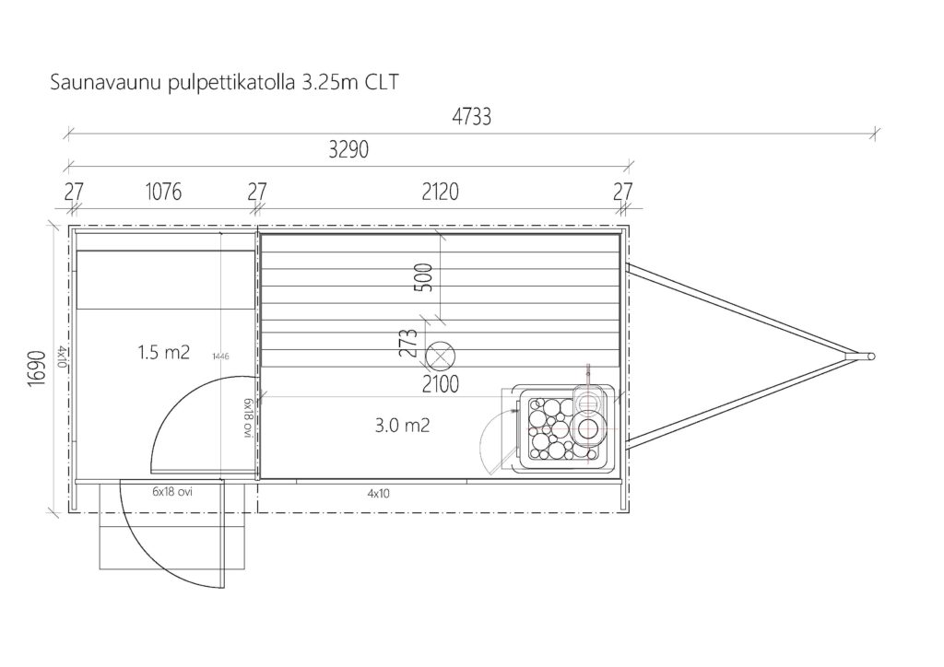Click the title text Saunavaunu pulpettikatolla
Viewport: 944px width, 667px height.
point(172,82)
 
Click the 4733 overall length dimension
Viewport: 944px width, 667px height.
point(471,117)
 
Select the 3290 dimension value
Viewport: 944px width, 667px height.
point(348,149)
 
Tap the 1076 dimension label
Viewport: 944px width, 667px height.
point(163,192)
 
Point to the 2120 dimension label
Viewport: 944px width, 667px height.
point(440,192)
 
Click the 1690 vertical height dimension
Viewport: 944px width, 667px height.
point(37,369)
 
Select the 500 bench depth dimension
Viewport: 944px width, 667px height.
point(424,277)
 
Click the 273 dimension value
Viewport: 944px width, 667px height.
point(408,343)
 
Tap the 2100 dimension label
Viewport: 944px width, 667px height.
point(440,384)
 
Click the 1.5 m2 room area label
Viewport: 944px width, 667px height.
point(164,352)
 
